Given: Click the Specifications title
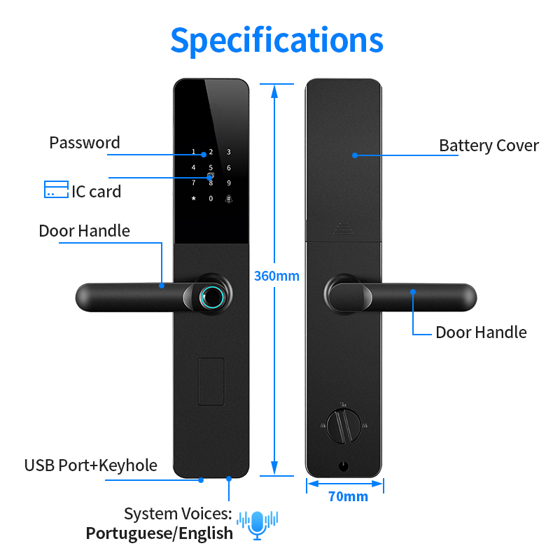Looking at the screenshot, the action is tap(276, 41).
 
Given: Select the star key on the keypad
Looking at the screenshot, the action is tap(194, 198).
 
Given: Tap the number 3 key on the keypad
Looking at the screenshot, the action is tap(229, 152).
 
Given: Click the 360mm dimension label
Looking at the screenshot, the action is tap(276, 276).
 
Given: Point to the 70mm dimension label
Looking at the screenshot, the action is tap(348, 496).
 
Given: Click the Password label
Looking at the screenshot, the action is tap(85, 143).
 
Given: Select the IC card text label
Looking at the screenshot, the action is tap(97, 192).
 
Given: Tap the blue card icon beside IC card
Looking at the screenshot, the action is tap(56, 189).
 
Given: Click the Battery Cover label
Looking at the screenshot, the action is tap(489, 146).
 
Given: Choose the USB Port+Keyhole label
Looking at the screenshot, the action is tap(91, 465).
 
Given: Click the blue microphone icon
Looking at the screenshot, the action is tap(258, 524).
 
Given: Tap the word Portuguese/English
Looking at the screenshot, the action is tap(160, 533).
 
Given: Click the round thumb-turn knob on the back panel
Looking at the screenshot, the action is tap(344, 426).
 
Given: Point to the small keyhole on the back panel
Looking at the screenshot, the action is tap(344, 466).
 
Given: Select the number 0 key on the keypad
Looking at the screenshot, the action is tap(211, 199).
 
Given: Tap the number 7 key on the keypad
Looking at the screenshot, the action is tap(194, 183).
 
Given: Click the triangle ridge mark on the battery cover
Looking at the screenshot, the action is tap(344, 229).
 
